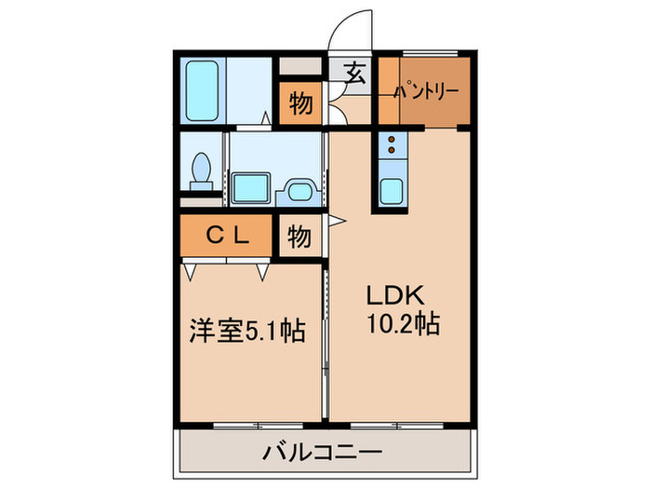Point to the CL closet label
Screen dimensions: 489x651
[x=227, y=236]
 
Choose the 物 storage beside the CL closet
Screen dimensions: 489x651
[x=299, y=236]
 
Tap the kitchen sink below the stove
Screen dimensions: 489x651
[x=392, y=190]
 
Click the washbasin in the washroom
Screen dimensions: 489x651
[x=248, y=188]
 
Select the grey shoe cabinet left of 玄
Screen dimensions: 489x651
[x=299, y=67]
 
